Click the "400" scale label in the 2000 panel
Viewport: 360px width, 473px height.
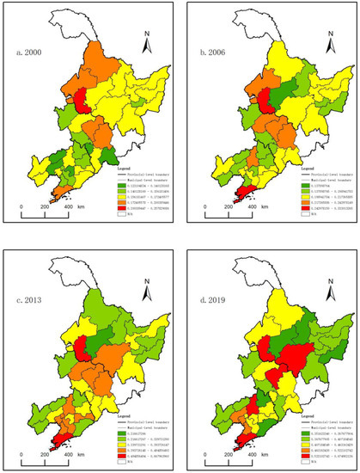click(66, 207)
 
